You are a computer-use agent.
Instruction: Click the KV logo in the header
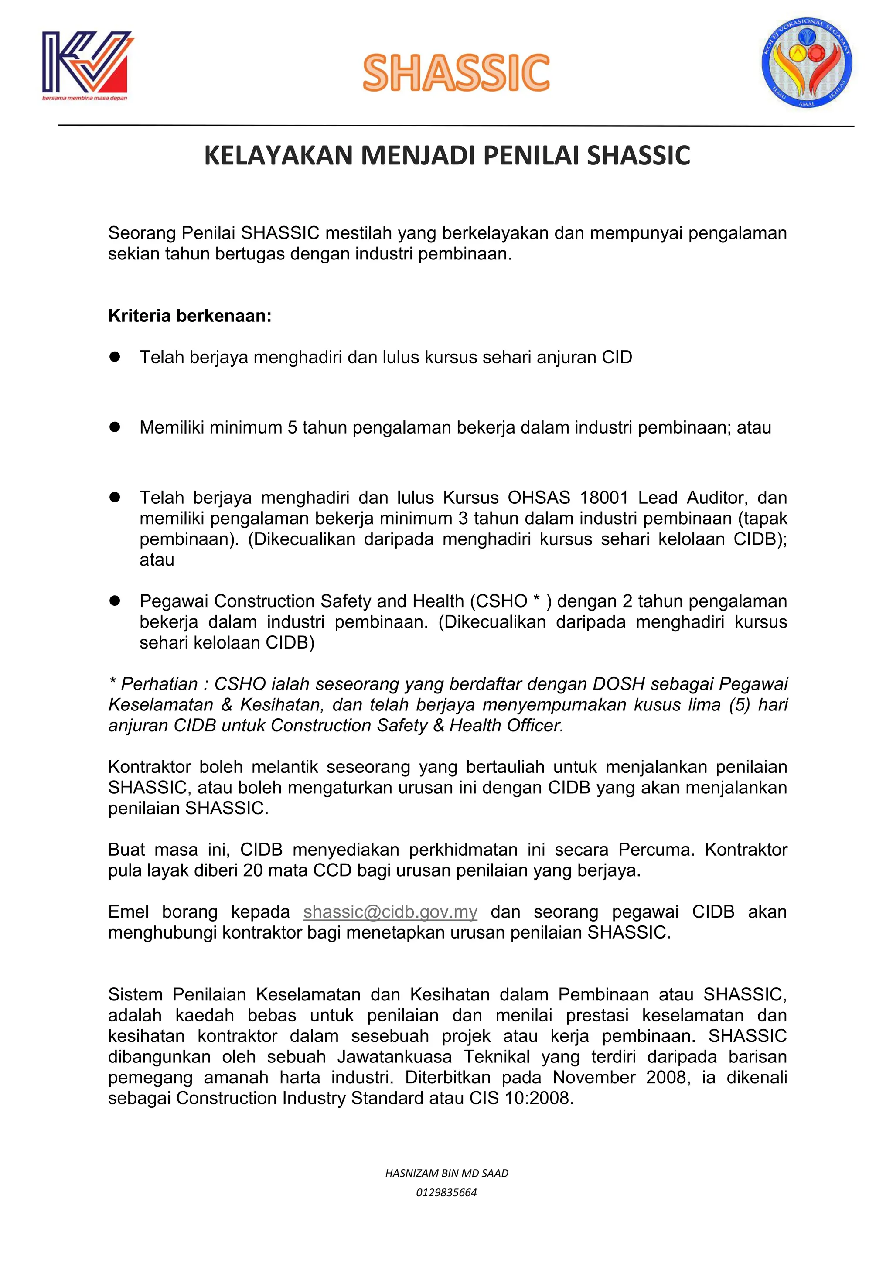pyautogui.click(x=86, y=65)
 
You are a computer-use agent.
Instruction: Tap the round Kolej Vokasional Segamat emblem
pyautogui.click(x=806, y=63)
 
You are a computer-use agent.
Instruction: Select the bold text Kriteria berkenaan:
pyautogui.click(x=190, y=316)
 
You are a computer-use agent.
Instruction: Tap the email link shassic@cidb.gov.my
pyautogui.click(x=390, y=911)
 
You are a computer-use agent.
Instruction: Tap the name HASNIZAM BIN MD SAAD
pyautogui.click(x=446, y=1173)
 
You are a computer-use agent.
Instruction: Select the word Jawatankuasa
pyautogui.click(x=394, y=1056)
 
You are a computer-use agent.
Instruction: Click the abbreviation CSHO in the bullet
pyautogui.click(x=501, y=601)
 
